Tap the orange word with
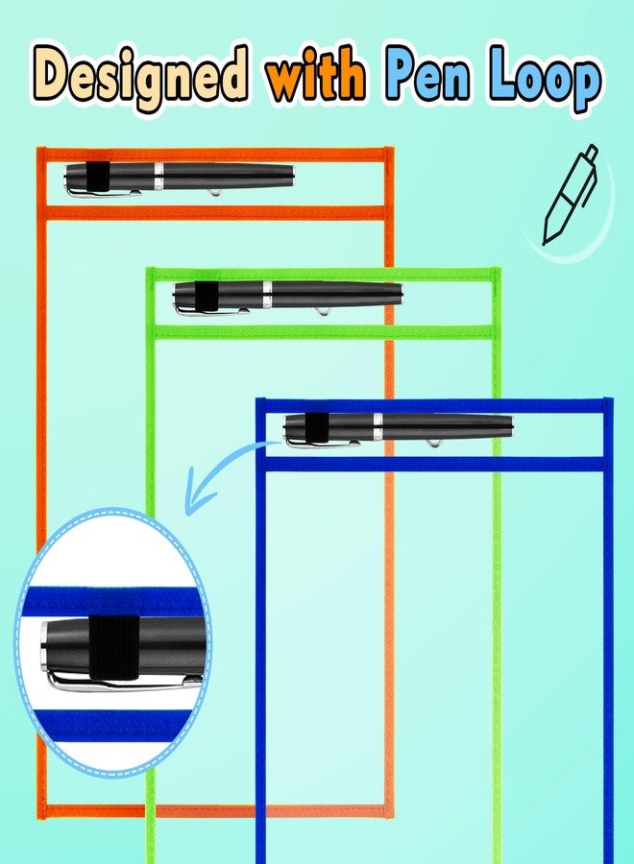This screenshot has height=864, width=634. (x=315, y=73)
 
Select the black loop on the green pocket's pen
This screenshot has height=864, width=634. (x=206, y=298)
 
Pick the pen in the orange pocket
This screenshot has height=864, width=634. (x=180, y=180)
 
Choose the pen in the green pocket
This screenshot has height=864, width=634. (x=288, y=299)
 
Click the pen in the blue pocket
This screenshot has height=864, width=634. (x=398, y=430)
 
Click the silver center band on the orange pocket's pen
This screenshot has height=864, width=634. (x=158, y=177)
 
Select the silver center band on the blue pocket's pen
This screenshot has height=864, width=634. (x=378, y=427)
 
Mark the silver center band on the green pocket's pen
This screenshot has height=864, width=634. (x=267, y=296)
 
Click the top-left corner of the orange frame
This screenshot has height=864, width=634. (x=38, y=149)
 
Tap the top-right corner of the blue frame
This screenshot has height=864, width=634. (x=611, y=400)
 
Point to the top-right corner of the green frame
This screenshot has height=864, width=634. (x=499, y=270)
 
